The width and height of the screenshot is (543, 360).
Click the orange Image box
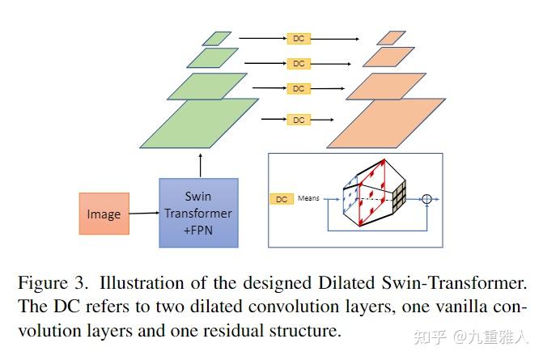[104, 214]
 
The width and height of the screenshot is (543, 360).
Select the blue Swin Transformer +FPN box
[198, 213]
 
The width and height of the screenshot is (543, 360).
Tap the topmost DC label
[299, 38]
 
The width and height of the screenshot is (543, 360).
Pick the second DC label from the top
[299, 63]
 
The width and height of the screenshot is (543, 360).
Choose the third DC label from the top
[299, 88]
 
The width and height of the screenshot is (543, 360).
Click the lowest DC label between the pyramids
[299, 120]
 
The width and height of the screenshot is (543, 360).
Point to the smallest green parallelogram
[216, 38]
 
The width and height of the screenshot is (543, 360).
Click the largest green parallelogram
[199, 123]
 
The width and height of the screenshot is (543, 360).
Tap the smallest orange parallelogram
[391, 38]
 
